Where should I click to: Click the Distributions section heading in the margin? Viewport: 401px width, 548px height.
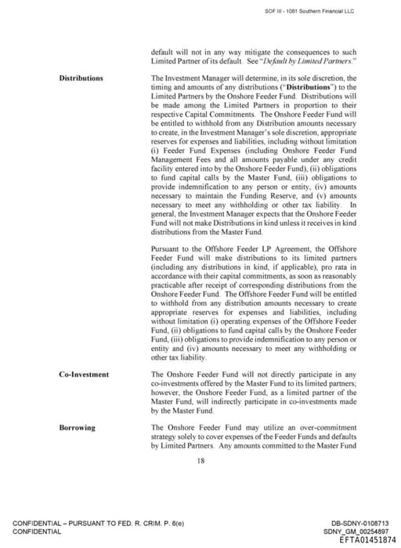(81, 78)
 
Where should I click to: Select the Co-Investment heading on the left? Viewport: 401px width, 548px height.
(84, 375)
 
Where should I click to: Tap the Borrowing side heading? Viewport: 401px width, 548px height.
(77, 427)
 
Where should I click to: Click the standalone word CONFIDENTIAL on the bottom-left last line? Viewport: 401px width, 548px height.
(37, 532)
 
